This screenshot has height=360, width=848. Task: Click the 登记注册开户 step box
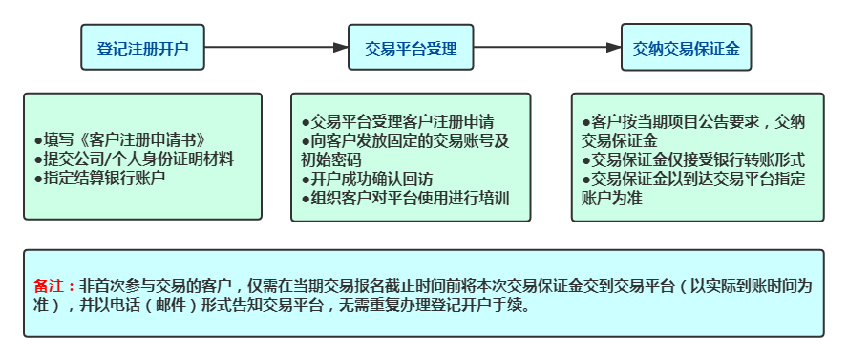point(142,47)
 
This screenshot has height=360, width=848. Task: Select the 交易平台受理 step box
point(411,47)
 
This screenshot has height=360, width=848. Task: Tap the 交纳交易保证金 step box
point(686,47)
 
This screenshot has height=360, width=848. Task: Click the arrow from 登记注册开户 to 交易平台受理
point(276,47)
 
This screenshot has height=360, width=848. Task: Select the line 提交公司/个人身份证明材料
point(133,158)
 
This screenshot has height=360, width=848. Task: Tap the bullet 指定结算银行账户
point(99,178)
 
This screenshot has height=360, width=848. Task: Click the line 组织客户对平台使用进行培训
point(405,199)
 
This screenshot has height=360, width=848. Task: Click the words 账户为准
point(611,198)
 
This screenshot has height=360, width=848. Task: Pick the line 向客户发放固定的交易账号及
point(405,141)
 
